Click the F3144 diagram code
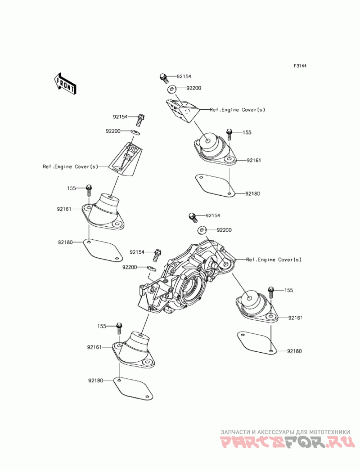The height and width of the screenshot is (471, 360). point(300,66)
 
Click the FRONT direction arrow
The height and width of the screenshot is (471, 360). point(64,84)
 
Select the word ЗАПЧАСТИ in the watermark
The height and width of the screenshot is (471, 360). point(233,432)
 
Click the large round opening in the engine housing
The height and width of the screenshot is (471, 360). point(191,288)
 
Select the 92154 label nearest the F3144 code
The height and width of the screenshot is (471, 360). point(184,77)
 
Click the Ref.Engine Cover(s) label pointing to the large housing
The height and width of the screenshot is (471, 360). point(274,260)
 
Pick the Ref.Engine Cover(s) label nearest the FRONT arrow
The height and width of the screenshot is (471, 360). point(70,166)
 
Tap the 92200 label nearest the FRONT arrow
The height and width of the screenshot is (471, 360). point(113,131)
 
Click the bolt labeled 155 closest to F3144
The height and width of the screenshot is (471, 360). point(229,133)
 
